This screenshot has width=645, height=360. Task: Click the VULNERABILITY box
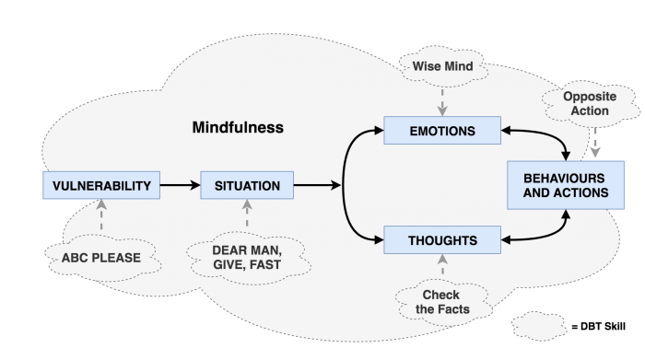100,186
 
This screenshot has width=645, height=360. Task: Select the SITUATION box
247,186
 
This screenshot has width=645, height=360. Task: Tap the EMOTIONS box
442,132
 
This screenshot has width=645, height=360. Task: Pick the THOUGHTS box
442,241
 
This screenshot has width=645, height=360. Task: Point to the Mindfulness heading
238,127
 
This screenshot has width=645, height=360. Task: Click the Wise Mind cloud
441,68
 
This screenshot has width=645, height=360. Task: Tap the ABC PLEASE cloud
101,258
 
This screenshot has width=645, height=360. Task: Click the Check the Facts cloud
441,302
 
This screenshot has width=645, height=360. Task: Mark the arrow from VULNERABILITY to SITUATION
181,186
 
